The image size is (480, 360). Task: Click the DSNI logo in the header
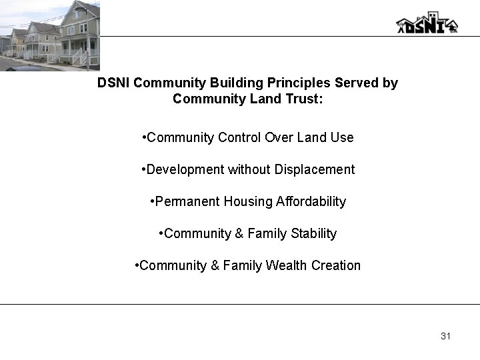click(427, 23)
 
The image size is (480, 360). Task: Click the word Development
click(185, 169)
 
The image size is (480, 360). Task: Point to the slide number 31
click(445, 336)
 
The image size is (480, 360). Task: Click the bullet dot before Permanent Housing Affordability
click(153, 201)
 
